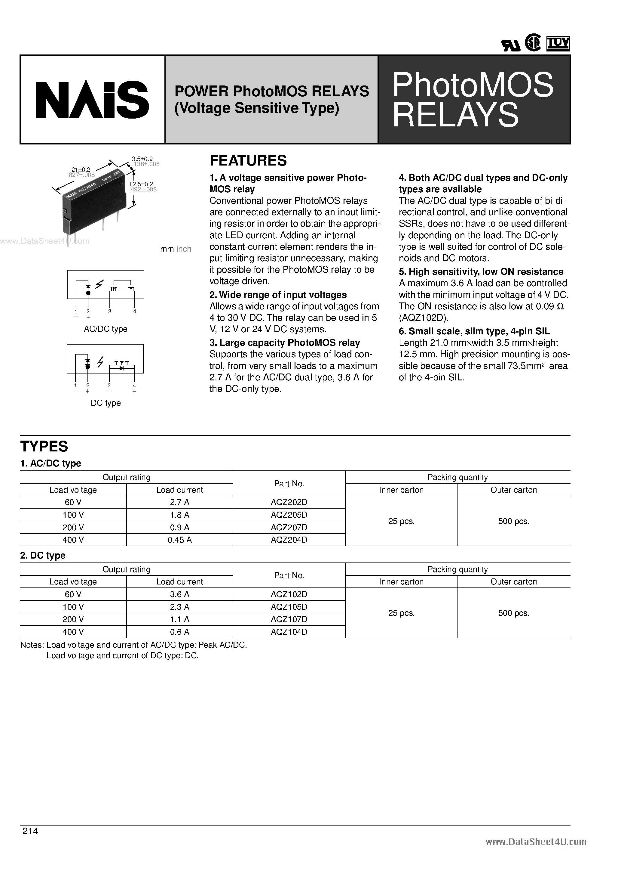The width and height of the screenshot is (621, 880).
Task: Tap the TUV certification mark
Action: (558, 43)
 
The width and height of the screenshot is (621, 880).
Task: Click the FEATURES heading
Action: (248, 160)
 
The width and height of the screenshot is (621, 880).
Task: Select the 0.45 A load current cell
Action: (179, 540)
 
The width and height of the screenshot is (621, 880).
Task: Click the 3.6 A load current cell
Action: (179, 594)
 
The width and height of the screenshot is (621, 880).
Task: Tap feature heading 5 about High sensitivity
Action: (481, 272)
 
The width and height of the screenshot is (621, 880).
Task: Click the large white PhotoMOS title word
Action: (473, 85)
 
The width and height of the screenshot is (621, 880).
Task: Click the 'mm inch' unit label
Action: (175, 249)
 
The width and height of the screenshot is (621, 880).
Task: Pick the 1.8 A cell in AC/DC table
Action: (179, 515)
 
